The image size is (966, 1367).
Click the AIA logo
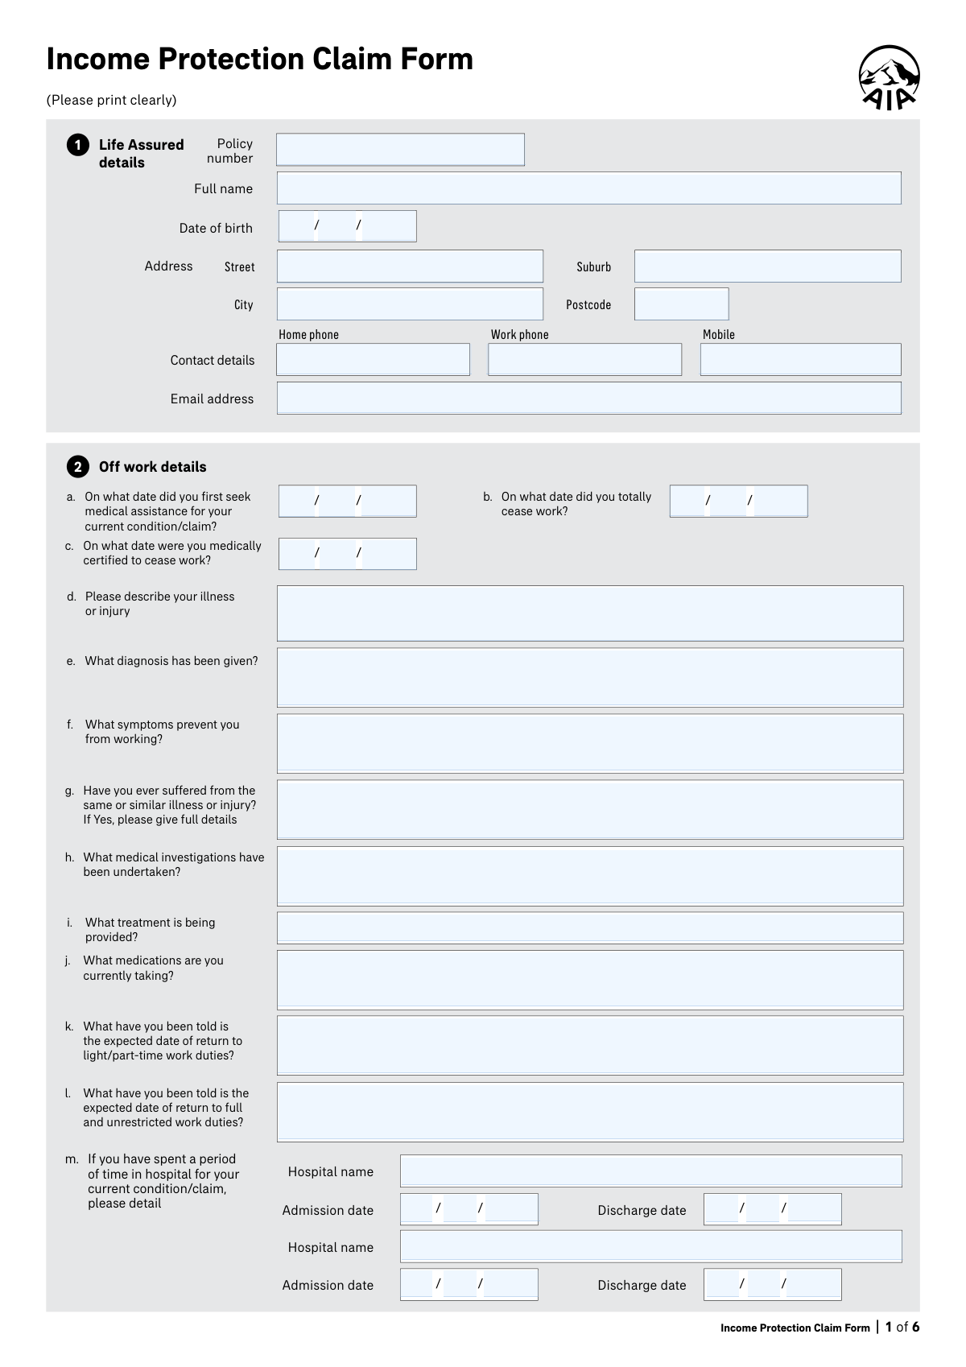pyautogui.click(x=889, y=77)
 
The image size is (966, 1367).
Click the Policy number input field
pyautogui.click(x=400, y=150)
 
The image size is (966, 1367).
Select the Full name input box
pyautogui.click(x=588, y=188)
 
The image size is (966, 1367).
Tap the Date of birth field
pyautogui.click(x=347, y=226)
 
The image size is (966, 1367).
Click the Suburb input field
pyautogui.click(x=767, y=266)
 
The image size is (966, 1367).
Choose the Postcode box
pyautogui.click(x=681, y=304)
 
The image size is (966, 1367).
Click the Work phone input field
pyautogui.click(x=584, y=360)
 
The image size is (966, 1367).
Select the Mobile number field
pyautogui.click(x=800, y=360)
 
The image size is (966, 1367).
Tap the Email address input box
pyautogui.click(x=588, y=399)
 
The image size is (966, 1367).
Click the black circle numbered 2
pyautogui.click(x=77, y=467)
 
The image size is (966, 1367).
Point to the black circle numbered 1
pyautogui.click(x=77, y=145)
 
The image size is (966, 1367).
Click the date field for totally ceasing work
pyautogui.click(x=738, y=501)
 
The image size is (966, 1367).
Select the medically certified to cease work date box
pyautogui.click(x=347, y=554)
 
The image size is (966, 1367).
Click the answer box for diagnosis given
pyautogui.click(x=590, y=678)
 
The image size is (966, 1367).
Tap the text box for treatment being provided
pyautogui.click(x=590, y=928)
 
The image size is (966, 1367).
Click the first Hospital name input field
pyautogui.click(x=650, y=1171)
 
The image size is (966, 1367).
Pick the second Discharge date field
pyautogui.click(x=772, y=1285)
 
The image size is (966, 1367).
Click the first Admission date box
pyautogui.click(x=469, y=1209)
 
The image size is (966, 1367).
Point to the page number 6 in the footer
pyautogui.click(x=915, y=1328)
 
